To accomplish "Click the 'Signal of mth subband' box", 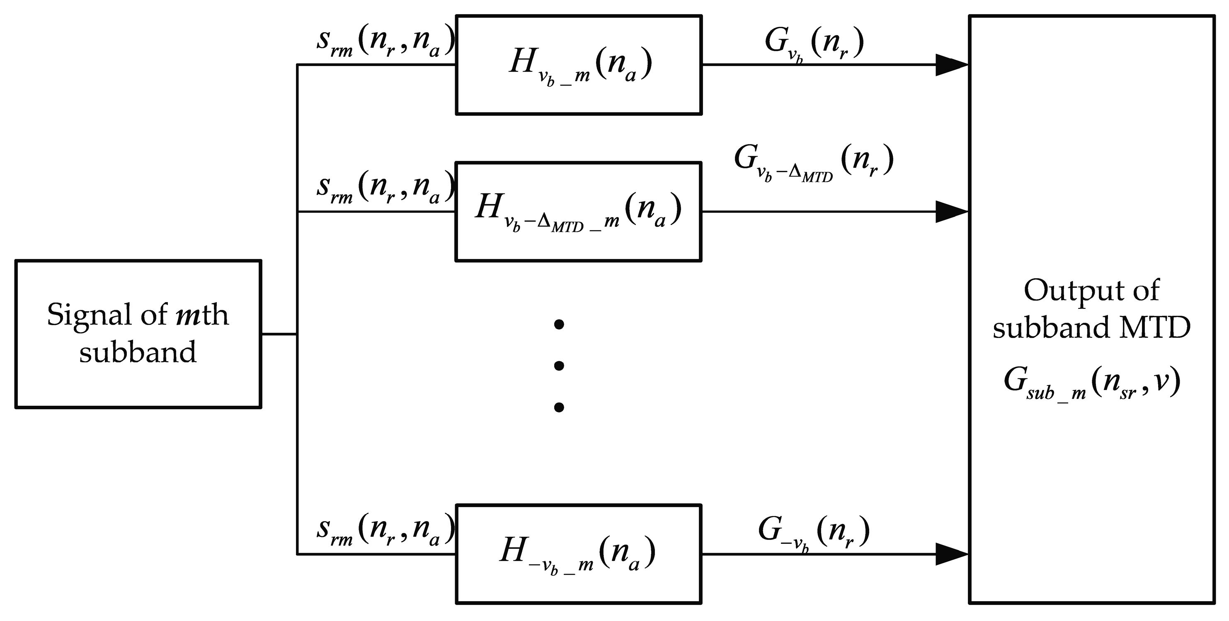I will tap(138, 334).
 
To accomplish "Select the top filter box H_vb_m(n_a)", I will tap(578, 65).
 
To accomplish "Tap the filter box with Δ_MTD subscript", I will tap(578, 211).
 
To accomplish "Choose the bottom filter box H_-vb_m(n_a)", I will tap(578, 554).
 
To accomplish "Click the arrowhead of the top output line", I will tap(951, 65).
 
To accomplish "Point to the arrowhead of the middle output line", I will tap(951, 211).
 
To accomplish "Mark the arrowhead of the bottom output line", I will tap(951, 554).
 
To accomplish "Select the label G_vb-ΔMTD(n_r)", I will tap(813, 162).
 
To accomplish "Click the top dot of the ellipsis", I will tap(559, 325).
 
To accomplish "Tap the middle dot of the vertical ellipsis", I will tap(559, 366).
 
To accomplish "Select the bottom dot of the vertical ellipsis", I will tap(559, 407).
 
